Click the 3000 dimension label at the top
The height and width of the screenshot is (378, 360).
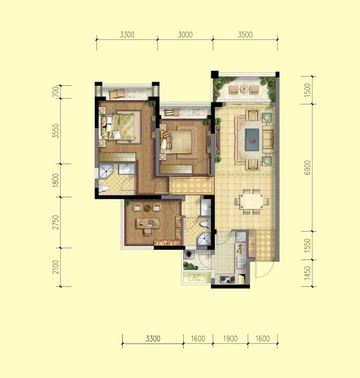[185, 35]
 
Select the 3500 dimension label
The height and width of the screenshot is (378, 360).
[245, 35]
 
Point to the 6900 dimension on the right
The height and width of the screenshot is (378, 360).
[308, 168]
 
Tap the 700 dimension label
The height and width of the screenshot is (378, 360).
[56, 92]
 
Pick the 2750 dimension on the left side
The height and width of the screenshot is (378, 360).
[56, 222]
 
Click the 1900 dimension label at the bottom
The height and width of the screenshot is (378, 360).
[230, 339]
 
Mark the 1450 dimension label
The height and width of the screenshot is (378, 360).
[308, 273]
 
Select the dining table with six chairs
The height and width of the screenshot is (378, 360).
[252, 201]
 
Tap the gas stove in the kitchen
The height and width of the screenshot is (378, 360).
[227, 279]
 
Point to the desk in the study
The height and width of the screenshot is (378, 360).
[148, 223]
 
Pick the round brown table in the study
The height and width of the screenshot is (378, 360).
[147, 208]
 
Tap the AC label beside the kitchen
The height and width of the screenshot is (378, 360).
[196, 278]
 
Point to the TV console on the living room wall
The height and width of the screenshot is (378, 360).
[218, 140]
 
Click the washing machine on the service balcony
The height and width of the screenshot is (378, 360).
[189, 253]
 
